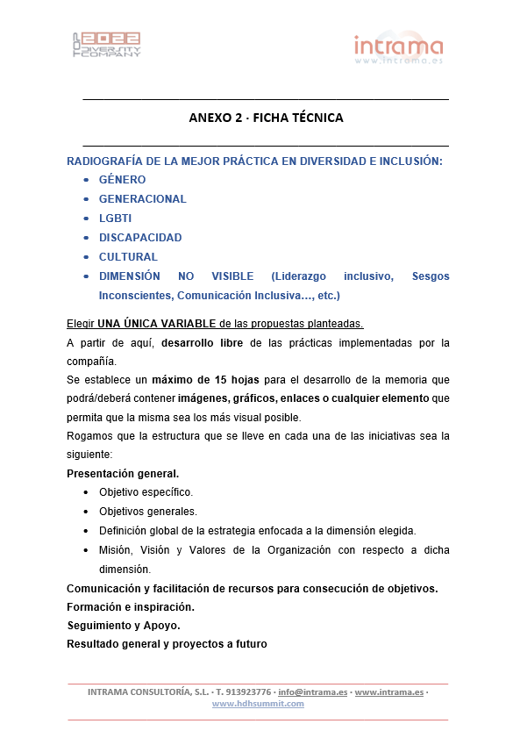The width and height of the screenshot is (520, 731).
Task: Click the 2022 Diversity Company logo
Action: tap(106, 45)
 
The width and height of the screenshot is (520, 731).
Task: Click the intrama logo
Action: tap(398, 49)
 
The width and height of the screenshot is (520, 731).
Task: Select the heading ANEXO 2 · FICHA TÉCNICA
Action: tap(266, 118)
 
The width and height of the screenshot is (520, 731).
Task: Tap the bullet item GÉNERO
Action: tap(122, 180)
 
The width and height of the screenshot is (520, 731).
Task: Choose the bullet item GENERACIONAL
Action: tap(142, 199)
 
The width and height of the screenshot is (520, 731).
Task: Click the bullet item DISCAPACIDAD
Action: tap(140, 238)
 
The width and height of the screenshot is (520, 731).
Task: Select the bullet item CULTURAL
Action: tap(128, 257)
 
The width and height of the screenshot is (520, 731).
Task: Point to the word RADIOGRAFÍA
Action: tap(103, 161)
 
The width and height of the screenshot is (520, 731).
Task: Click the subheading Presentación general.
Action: tap(123, 474)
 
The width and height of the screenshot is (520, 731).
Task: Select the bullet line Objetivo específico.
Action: tap(146, 492)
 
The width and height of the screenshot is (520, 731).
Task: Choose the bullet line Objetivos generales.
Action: tap(147, 512)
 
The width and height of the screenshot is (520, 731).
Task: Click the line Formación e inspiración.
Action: tap(131, 606)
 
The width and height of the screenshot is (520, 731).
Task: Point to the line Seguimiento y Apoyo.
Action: tap(123, 626)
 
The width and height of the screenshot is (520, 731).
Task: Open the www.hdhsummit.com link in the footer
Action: tap(258, 703)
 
